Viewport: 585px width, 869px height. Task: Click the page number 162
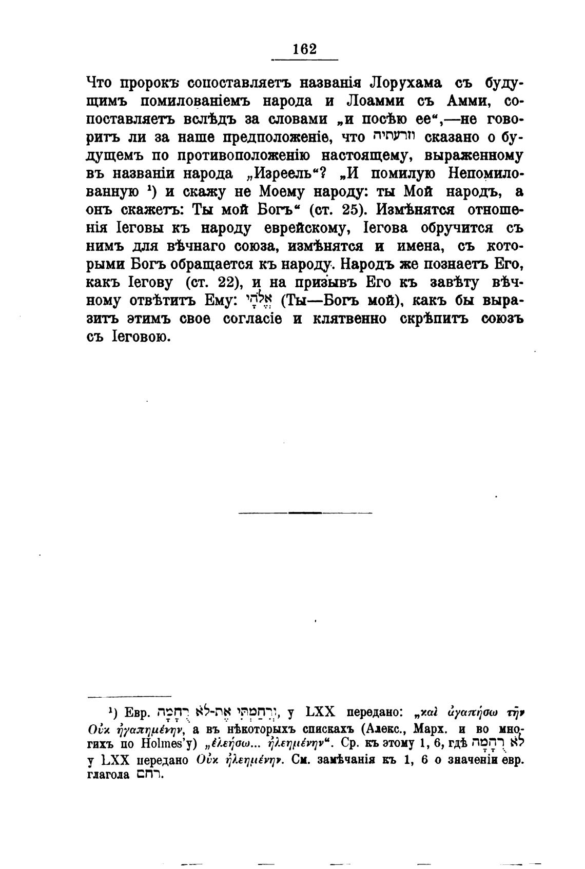pos(304,49)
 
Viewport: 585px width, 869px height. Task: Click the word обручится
pos(447,228)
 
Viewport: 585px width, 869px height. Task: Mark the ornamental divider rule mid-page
pos(305,512)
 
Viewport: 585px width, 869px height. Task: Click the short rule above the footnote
pos(114,697)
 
